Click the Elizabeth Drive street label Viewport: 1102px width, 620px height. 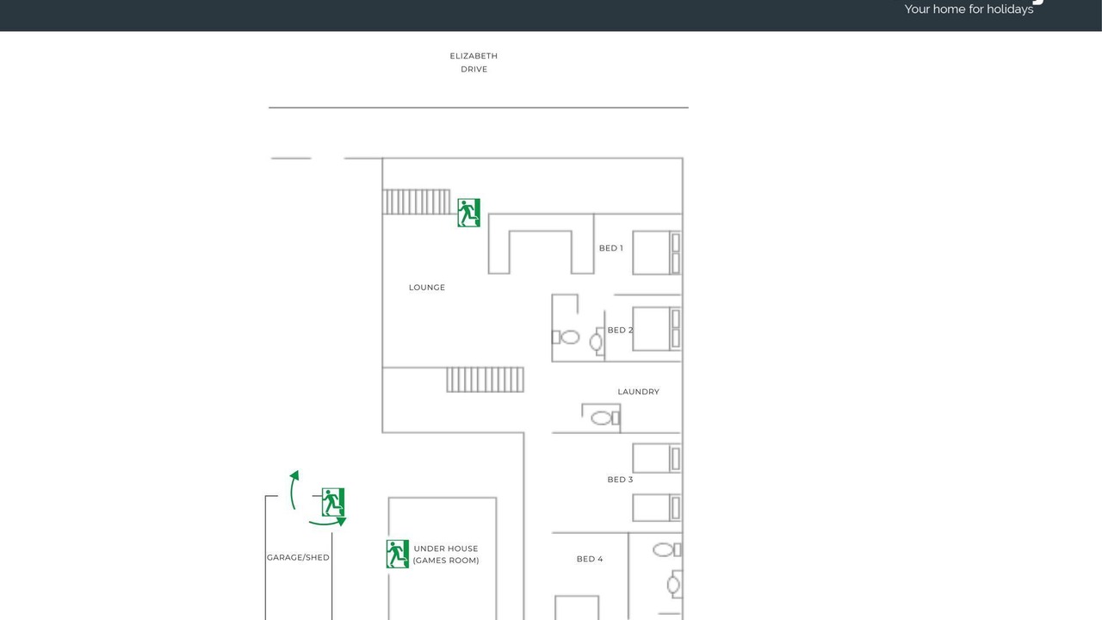coord(474,63)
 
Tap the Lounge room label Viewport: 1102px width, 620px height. coord(426,288)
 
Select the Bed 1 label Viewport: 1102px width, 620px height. coord(611,248)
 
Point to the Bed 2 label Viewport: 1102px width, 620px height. coord(621,330)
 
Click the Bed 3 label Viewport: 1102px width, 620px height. coord(621,480)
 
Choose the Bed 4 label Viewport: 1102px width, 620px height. coord(590,559)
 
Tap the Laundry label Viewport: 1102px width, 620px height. coord(639,392)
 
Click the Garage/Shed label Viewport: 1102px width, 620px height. coord(298,557)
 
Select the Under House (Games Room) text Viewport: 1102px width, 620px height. coord(446,555)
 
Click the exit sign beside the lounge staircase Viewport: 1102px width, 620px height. coord(469,213)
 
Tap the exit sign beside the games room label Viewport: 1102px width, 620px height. coord(398,554)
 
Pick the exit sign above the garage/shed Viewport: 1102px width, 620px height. coord(333,502)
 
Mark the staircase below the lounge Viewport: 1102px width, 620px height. coord(485,380)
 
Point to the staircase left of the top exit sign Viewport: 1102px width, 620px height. coord(416,201)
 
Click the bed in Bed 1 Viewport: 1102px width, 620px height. coord(657,252)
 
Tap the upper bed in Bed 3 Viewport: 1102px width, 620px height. coord(657,458)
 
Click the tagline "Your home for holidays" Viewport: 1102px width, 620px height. coord(969,9)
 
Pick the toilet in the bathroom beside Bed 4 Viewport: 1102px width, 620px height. coord(667,550)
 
